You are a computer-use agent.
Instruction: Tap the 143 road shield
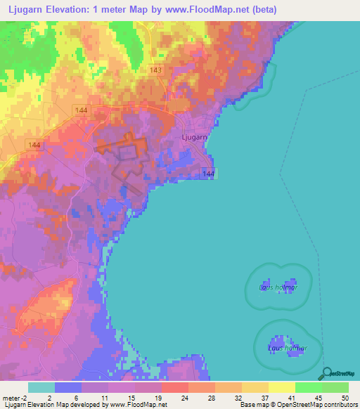155,70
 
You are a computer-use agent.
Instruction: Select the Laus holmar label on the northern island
278,287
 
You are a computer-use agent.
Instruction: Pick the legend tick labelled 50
345,397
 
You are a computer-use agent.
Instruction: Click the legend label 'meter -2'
14,397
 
